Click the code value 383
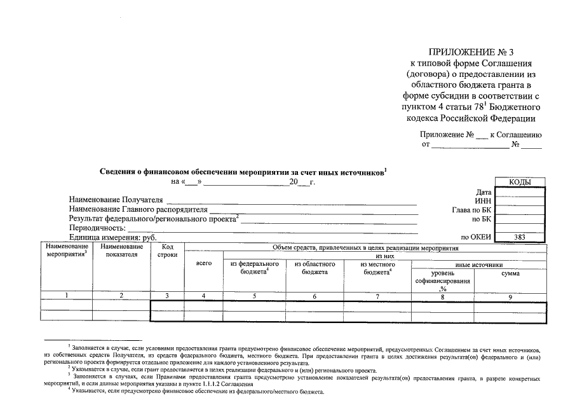coord(520,237)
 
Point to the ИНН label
coord(484,200)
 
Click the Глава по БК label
coord(471,209)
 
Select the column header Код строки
coord(167,251)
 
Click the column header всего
coord(203,263)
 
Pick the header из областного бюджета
coord(314,268)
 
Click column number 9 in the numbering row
coord(510,295)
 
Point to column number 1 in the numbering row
coord(66,295)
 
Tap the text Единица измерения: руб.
coord(112,237)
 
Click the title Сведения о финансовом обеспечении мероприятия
coord(242,172)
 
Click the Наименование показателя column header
coord(121,251)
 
